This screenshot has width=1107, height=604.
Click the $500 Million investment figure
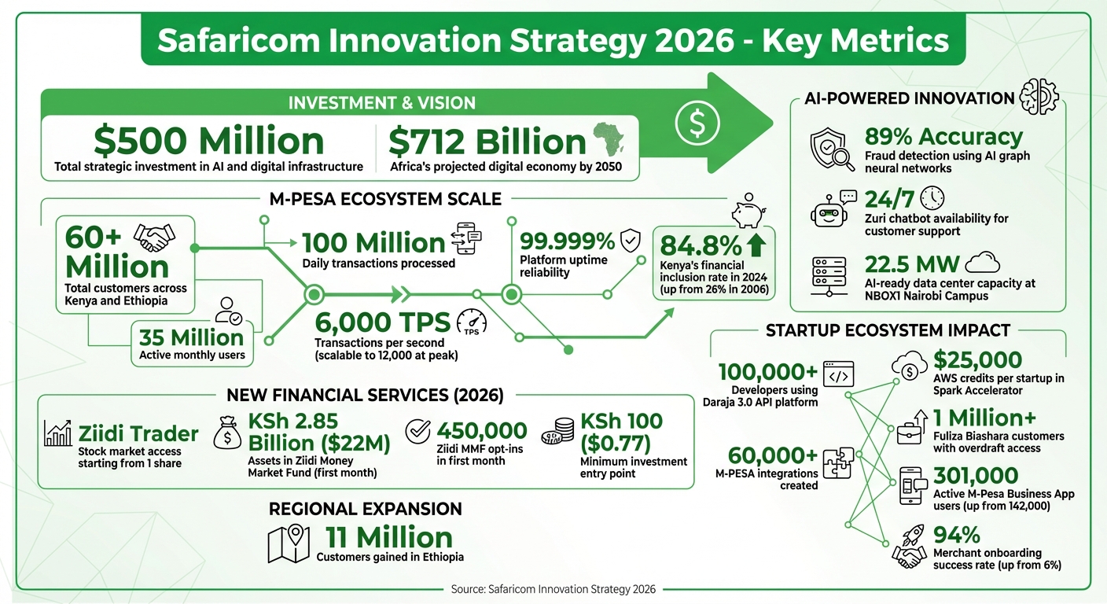click(x=208, y=141)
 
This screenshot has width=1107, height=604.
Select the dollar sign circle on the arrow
click(x=697, y=121)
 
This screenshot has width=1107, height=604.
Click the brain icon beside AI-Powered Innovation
click(x=1038, y=98)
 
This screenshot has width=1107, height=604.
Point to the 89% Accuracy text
click(x=943, y=137)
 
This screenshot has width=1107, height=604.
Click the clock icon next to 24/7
click(x=932, y=197)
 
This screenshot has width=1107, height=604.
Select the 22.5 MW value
click(x=910, y=264)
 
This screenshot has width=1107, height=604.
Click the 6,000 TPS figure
click(x=383, y=322)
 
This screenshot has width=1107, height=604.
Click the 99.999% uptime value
click(x=567, y=241)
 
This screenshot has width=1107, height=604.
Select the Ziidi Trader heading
click(x=138, y=433)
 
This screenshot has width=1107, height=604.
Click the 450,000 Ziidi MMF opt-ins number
click(x=481, y=430)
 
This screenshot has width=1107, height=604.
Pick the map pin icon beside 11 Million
click(x=289, y=543)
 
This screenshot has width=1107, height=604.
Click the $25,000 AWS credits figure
click(x=977, y=360)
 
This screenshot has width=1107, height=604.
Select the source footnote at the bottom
click(x=553, y=588)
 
